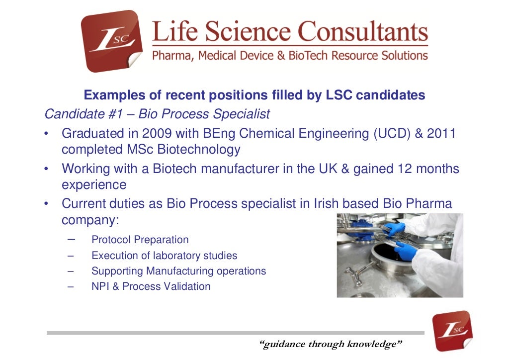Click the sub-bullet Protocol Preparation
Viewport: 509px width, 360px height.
click(x=140, y=240)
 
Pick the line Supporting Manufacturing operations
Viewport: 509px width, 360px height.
click(x=178, y=271)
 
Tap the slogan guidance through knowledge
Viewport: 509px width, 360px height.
click(x=331, y=344)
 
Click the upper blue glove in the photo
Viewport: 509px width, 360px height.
click(x=395, y=229)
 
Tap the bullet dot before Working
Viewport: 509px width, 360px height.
click(x=46, y=169)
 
